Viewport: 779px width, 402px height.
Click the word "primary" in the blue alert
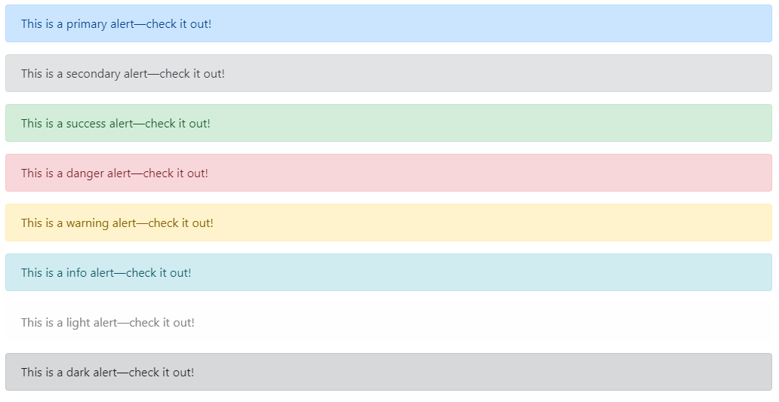coord(87,24)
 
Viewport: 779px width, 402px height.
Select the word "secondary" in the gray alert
coord(93,74)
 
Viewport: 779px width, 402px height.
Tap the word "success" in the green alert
coord(86,124)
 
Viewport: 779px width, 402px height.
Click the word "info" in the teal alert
coord(76,273)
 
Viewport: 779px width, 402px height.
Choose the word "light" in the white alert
coord(78,323)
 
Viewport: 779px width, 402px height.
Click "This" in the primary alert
coord(32,24)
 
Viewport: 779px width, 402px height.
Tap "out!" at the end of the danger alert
coord(197,173)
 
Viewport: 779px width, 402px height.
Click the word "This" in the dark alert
coord(32,373)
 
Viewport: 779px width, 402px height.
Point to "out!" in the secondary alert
coord(214,74)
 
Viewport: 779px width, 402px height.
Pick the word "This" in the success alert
coord(32,124)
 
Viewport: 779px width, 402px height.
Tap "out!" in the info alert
coord(180,273)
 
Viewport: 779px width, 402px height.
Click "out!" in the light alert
coord(183,323)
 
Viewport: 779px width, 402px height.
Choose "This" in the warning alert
coord(32,223)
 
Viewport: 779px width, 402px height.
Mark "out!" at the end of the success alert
coord(199,124)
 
